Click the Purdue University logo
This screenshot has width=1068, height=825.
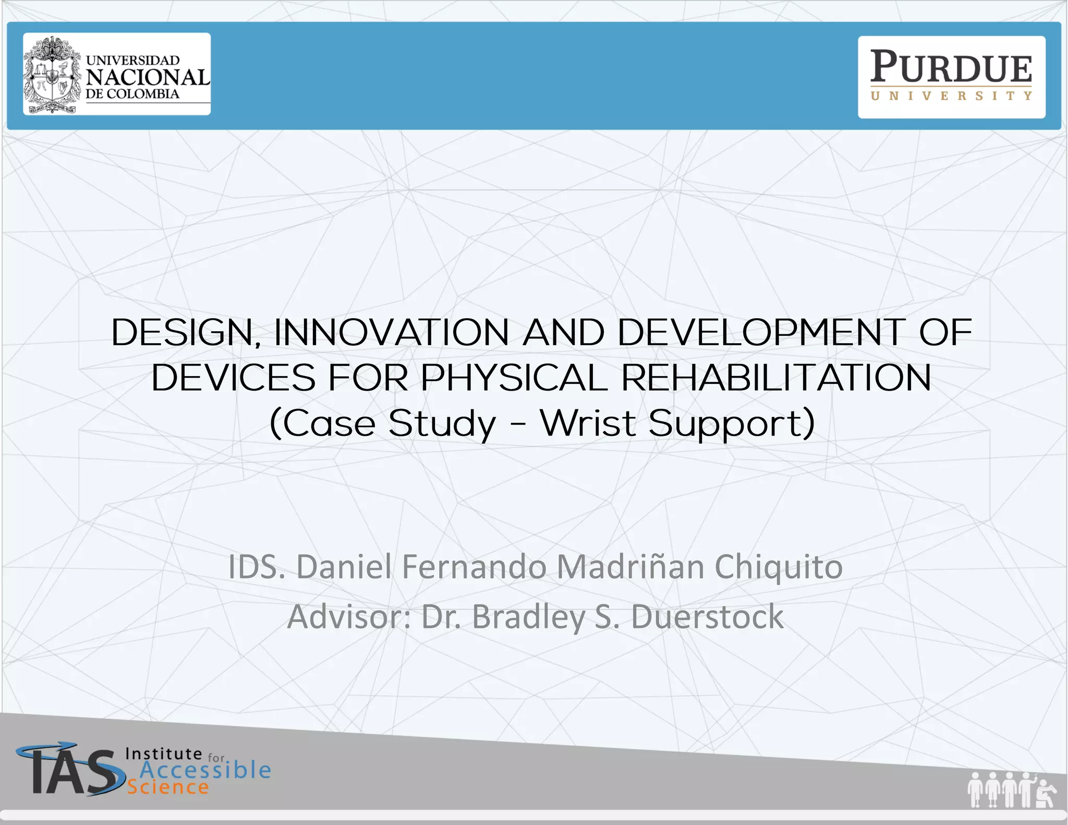(x=951, y=76)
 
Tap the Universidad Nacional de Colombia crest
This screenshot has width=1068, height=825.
(x=52, y=75)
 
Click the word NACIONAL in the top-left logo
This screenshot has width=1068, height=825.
(x=148, y=77)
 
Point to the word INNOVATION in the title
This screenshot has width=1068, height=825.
(x=392, y=332)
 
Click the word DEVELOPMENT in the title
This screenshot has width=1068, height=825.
(x=762, y=332)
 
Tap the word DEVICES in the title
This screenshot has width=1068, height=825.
(x=233, y=378)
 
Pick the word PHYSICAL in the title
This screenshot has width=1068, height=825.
(x=514, y=378)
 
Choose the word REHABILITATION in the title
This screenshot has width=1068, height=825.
(x=776, y=378)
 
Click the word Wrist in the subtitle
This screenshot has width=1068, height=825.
(x=588, y=423)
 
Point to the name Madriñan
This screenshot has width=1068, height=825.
(x=630, y=567)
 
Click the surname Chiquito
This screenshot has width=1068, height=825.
(x=779, y=567)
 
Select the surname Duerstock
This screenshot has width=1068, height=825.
(x=707, y=617)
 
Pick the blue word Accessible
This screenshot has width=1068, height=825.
(x=205, y=770)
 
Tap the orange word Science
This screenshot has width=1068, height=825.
(x=168, y=787)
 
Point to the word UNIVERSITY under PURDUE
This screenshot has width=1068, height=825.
(x=951, y=96)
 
